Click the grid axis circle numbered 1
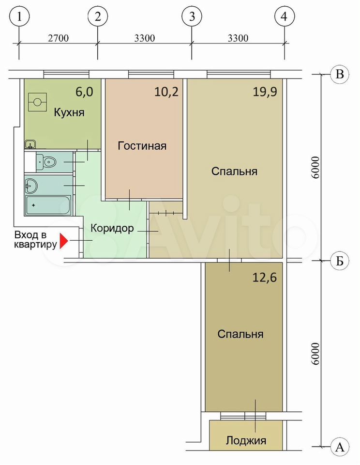[x=19, y=16]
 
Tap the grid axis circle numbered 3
[x=192, y=16]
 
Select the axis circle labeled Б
[x=340, y=261]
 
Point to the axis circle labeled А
[x=340, y=446]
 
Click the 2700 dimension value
[x=58, y=39]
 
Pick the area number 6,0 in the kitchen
[x=84, y=92]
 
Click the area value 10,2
[x=166, y=92]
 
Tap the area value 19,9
[x=265, y=92]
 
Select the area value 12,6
[x=264, y=278]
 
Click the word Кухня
[x=69, y=113]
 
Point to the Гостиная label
[x=142, y=146]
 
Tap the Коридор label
[x=112, y=228]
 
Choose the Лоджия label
[x=246, y=440]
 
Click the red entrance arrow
[x=64, y=241]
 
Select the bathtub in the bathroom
[x=48, y=204]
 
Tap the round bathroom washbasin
[x=31, y=186]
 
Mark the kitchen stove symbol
[x=38, y=102]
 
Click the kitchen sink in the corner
[x=30, y=144]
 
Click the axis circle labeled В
[x=340, y=74]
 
